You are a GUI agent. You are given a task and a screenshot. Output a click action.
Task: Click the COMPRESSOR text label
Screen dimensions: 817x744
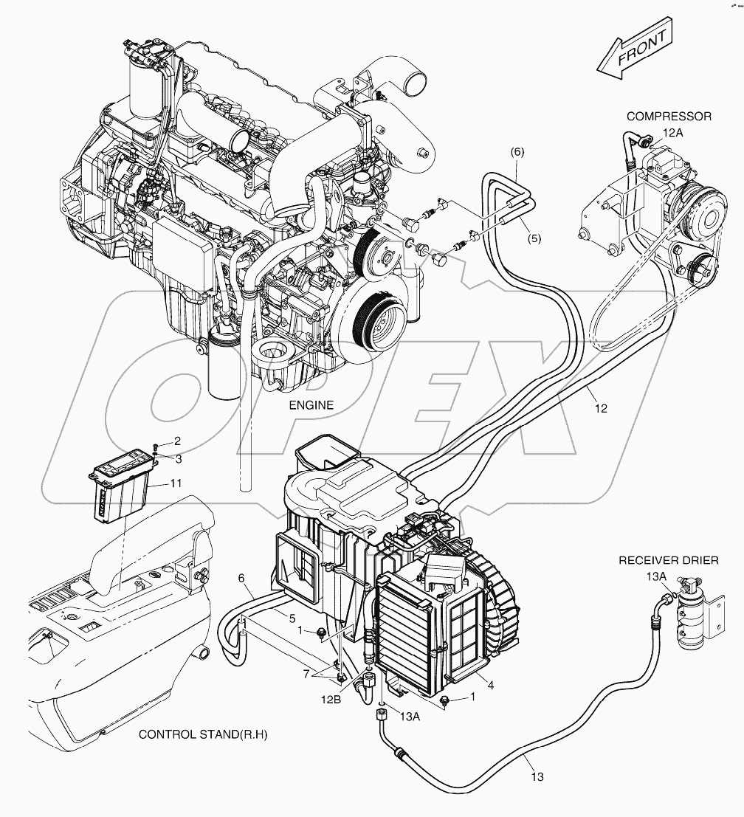pos(669,116)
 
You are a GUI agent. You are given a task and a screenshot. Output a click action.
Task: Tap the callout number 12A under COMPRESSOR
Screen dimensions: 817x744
pos(672,132)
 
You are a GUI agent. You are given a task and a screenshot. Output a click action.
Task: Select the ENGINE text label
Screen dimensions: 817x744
pos(311,405)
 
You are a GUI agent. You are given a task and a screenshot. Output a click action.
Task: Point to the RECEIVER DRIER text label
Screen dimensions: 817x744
pos(669,561)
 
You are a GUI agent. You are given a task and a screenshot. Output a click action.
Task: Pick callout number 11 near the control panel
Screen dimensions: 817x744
pos(174,483)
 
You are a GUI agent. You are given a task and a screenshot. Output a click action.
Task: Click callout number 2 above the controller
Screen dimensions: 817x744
pos(177,441)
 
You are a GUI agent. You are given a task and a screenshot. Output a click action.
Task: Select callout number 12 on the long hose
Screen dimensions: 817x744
pos(601,408)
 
